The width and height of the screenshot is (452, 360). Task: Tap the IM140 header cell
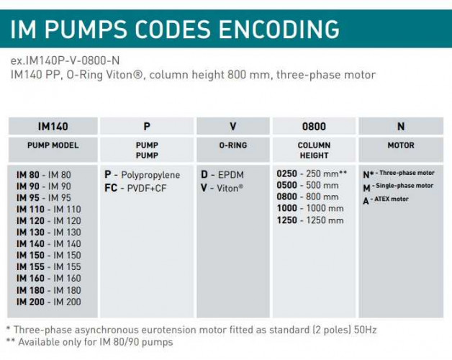click(x=53, y=126)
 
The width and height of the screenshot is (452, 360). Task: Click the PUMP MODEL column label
click(x=53, y=145)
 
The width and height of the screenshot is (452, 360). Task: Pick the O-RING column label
click(x=232, y=145)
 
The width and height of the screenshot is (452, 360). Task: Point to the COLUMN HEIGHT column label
click(x=314, y=150)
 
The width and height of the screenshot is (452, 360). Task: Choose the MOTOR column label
click(x=401, y=145)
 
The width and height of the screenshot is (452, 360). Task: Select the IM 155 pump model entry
click(x=48, y=266)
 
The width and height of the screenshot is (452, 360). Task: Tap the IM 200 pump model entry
click(x=48, y=301)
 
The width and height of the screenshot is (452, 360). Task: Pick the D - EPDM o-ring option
click(x=221, y=174)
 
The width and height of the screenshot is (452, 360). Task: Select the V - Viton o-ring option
click(x=222, y=186)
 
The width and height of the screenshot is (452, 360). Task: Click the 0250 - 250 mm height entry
click(x=312, y=174)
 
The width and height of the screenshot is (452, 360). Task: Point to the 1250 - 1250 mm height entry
click(x=310, y=220)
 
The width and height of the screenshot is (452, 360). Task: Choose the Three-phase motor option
click(x=398, y=174)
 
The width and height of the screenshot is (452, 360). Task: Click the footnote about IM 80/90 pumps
click(x=89, y=341)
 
